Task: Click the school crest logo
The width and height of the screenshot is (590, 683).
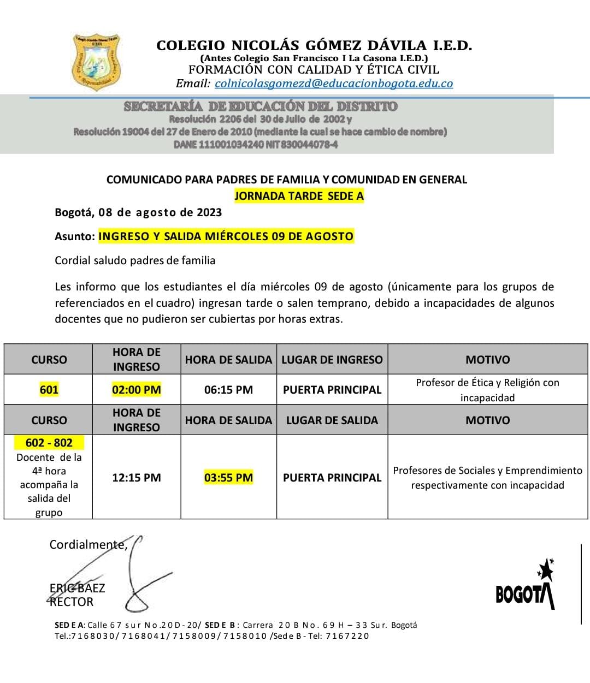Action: pos(97,62)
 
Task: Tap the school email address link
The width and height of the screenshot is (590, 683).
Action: pos(334,84)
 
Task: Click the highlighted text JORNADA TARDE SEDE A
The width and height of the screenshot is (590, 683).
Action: pos(299,196)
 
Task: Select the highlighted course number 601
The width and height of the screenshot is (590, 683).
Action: pos(49,390)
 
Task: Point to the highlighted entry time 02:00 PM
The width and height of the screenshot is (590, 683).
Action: pos(137,390)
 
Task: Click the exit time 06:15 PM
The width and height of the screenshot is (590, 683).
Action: pos(228,390)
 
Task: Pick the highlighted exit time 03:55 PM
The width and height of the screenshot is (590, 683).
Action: pos(228,478)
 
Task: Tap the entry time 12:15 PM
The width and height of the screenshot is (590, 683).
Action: pos(137,478)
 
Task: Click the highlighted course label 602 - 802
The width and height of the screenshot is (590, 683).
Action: pos(49,443)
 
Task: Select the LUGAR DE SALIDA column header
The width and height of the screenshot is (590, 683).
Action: pos(332,420)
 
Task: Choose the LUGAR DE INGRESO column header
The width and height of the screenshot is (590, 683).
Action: pos(332,360)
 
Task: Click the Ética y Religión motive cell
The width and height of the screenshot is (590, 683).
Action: pos(487,390)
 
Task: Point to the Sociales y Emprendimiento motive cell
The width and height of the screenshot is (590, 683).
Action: pos(487,478)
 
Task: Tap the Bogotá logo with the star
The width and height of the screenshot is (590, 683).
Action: pos(526,586)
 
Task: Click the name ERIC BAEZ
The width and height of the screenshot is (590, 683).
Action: pos(77,588)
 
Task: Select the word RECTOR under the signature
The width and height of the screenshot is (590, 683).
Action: pos(72,602)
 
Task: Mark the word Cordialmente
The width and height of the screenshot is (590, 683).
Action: pos(88,544)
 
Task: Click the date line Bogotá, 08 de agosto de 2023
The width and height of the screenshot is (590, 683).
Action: pos(138,212)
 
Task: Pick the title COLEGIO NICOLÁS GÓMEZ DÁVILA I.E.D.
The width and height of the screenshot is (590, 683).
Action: pos(314,45)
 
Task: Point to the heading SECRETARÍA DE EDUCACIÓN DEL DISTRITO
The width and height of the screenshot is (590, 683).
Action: pos(261,106)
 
